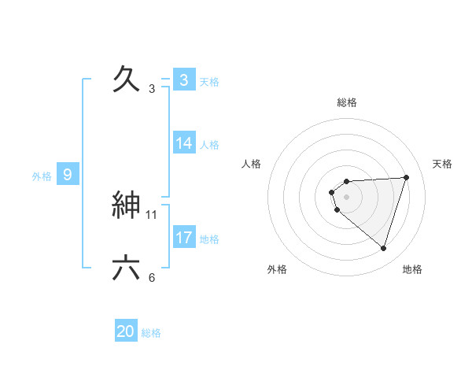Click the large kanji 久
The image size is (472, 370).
coord(127,79)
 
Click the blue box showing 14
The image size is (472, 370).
coord(184,143)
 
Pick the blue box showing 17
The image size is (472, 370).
coord(184,238)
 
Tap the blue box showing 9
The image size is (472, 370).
coord(68,175)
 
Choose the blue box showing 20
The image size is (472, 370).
coord(126,331)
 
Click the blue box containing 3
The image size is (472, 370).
coord(184,80)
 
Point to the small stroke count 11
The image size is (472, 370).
coord(152,214)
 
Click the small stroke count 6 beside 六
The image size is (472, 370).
coord(152,277)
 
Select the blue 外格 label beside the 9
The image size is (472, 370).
coord(42,176)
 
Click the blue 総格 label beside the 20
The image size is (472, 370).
coord(151,333)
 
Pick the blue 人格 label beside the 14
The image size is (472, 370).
coord(209,145)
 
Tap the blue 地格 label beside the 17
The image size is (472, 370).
coord(209,239)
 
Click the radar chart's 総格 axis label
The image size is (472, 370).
coord(347,102)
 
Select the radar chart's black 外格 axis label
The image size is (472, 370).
coord(277,269)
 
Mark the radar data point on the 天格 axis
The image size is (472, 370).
coord(407,177)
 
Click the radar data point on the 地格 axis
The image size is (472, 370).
coord(384,248)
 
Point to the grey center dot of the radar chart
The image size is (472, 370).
coord(347,197)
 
